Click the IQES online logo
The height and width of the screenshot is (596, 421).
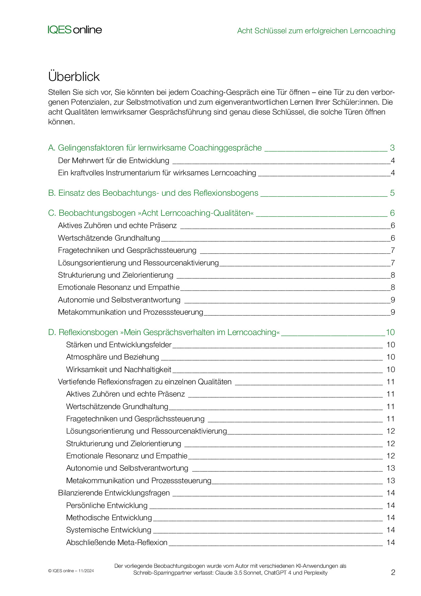(75, 30)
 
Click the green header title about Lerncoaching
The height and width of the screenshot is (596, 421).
(316, 31)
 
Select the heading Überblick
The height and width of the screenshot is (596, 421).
(74, 76)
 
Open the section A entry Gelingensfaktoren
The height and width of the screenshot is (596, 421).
(160, 148)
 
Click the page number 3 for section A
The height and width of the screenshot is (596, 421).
(392, 148)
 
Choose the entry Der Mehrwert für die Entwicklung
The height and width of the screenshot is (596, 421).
(113, 160)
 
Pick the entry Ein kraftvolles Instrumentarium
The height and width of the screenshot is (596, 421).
(157, 173)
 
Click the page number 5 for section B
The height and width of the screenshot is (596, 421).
(392, 193)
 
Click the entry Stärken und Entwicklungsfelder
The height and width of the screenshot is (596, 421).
(119, 345)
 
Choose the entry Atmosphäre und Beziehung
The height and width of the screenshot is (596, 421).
(112, 357)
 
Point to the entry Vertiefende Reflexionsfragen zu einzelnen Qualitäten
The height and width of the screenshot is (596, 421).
(145, 382)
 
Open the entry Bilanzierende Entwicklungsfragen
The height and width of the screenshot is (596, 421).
(114, 493)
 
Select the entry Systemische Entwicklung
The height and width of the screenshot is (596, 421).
(109, 530)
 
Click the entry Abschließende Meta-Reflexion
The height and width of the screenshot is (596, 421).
(117, 542)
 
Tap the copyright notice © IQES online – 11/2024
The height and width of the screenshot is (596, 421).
(71, 571)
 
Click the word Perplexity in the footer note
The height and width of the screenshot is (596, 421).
(315, 573)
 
